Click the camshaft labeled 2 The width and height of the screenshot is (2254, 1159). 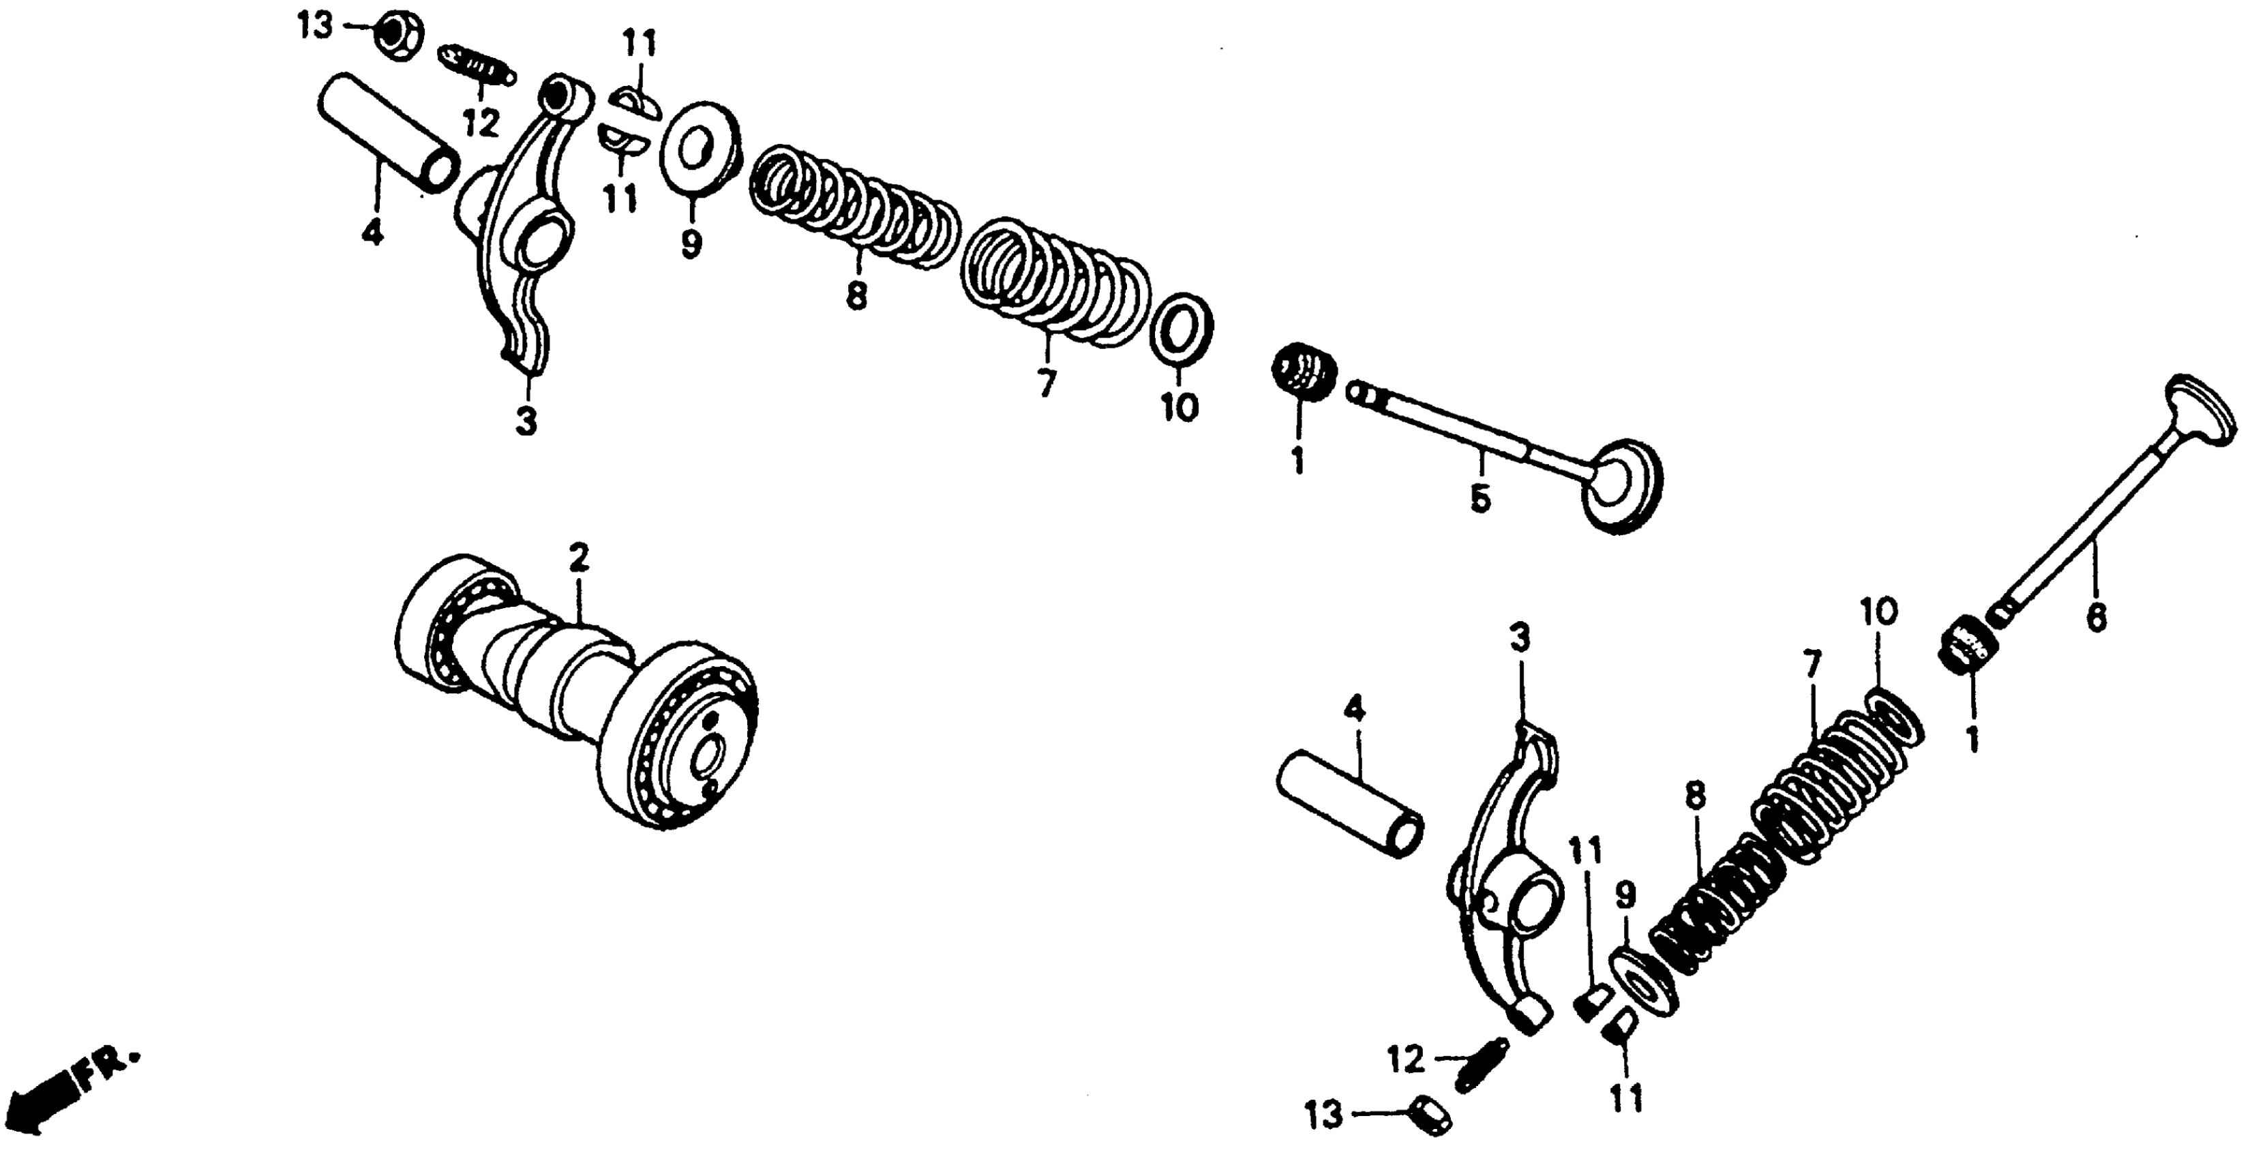pyautogui.click(x=577, y=691)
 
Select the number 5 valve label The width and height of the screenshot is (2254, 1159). pyautogui.click(x=1479, y=500)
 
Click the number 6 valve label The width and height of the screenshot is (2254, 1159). pyautogui.click(x=2097, y=618)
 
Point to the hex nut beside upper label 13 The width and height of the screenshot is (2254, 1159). pyautogui.click(x=400, y=37)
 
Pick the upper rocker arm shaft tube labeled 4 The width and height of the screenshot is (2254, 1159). pyautogui.click(x=386, y=131)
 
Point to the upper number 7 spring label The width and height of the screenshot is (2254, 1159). pyautogui.click(x=1047, y=382)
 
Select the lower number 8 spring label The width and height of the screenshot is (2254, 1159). pyautogui.click(x=1695, y=796)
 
